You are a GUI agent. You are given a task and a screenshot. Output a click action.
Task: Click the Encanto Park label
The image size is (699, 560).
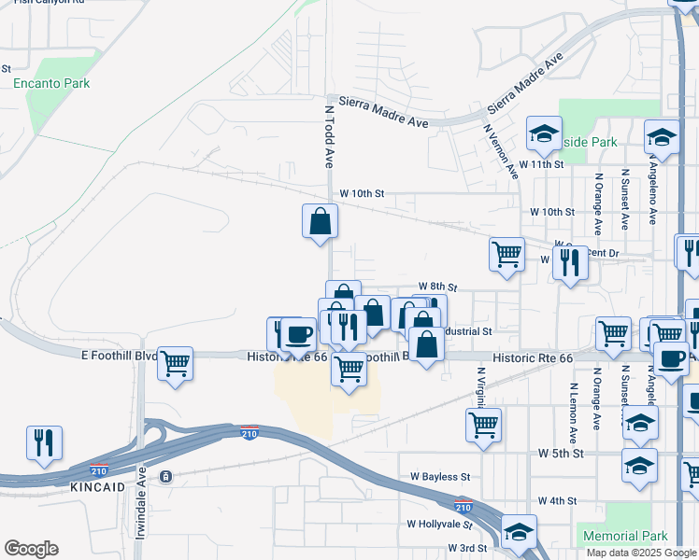pos(51,83)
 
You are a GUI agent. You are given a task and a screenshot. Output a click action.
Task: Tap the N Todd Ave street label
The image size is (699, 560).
pos(329,134)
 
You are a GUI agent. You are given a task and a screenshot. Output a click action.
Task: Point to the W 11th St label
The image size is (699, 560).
pos(542,163)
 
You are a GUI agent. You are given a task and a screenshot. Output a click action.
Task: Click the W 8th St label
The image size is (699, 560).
pos(437,286)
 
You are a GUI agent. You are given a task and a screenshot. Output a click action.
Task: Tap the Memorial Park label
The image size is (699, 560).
pos(624,537)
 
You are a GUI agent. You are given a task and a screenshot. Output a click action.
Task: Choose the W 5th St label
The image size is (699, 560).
pos(561,453)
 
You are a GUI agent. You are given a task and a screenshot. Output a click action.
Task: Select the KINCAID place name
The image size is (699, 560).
pos(98,488)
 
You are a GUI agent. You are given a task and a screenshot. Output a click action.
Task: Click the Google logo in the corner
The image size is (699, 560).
pos(31,549)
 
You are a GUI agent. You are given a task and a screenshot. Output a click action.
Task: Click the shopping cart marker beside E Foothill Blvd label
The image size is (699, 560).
pos(175,364)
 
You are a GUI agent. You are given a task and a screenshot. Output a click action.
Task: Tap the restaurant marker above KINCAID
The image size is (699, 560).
pos(44,443)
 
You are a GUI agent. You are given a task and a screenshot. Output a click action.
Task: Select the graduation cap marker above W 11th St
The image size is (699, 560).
pos(543,133)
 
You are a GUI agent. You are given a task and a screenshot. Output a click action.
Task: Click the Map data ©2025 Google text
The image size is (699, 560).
pos(640,553)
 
